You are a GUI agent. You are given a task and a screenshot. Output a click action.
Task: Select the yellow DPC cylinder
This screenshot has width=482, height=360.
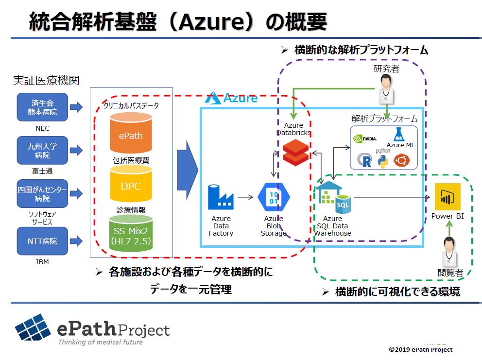(131, 186)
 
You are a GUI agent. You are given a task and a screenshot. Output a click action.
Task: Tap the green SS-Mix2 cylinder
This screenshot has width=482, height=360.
(131, 236)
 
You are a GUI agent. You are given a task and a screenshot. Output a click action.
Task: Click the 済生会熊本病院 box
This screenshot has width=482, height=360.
(42, 107)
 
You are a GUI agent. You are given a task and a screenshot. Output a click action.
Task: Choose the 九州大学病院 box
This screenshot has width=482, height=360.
(42, 150)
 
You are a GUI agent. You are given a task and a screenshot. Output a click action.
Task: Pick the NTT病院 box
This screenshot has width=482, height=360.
(42, 241)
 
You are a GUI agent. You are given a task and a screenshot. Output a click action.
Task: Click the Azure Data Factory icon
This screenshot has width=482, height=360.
(221, 197)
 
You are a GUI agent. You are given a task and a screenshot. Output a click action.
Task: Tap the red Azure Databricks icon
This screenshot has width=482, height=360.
(295, 152)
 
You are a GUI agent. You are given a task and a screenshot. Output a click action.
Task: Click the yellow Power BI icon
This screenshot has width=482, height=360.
(448, 196)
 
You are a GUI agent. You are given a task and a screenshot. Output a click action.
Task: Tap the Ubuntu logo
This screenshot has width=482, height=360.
(401, 160)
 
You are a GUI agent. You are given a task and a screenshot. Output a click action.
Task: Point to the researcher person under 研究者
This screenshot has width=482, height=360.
(386, 88)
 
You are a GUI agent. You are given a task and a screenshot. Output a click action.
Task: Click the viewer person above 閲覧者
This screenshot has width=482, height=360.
(449, 251)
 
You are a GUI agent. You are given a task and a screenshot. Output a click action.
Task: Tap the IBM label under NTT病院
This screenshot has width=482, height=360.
(42, 262)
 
